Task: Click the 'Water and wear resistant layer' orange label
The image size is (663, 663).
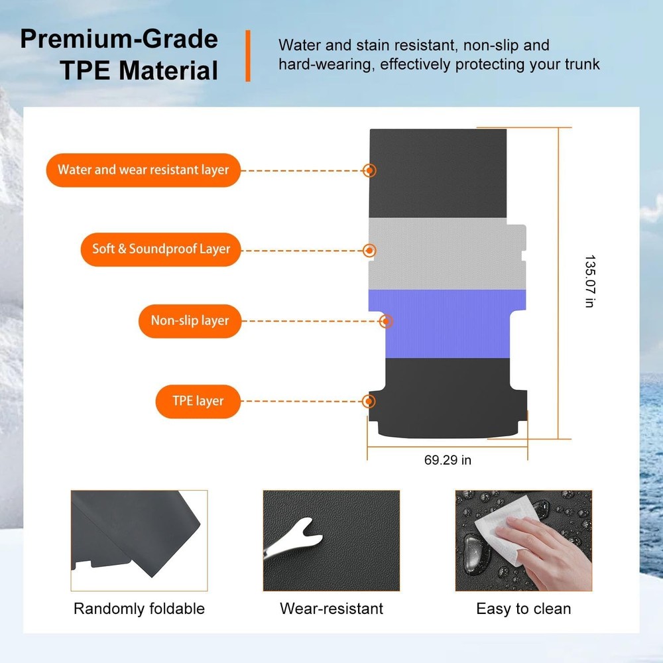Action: [143, 170]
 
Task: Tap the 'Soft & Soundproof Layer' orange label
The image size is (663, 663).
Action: [160, 249]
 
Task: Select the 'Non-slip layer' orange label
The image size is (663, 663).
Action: [190, 321]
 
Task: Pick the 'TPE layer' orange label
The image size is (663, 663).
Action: [198, 401]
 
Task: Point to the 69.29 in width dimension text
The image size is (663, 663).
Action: [448, 460]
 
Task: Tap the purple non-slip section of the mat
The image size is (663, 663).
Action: [448, 324]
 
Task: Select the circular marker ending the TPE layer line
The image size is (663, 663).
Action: [369, 401]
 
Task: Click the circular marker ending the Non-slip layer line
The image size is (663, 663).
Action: [386, 322]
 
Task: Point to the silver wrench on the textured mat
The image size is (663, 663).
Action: [292, 540]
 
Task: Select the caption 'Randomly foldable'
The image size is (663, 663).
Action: [139, 609]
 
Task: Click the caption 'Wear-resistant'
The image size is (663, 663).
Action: [331, 609]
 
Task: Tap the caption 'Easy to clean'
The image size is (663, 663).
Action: [524, 609]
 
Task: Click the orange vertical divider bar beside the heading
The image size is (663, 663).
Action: [248, 56]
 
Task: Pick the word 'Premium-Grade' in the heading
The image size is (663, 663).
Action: [119, 39]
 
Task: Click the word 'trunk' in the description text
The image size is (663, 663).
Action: [582, 64]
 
